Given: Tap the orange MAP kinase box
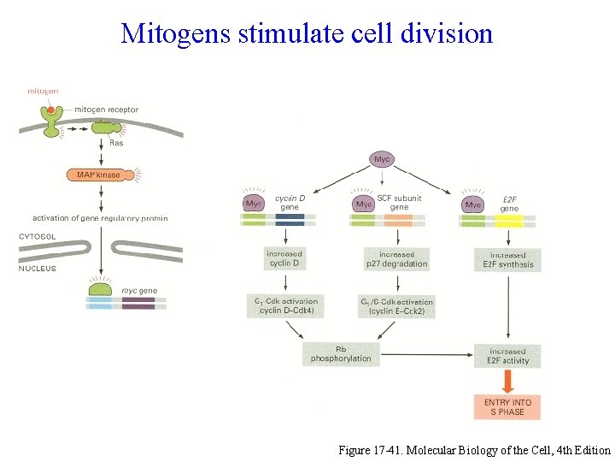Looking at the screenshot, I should (98, 175).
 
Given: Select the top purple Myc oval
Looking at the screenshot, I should (382, 159).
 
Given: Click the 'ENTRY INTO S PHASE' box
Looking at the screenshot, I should (507, 406).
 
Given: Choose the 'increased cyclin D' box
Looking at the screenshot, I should (284, 258).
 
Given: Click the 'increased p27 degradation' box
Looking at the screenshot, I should (396, 258).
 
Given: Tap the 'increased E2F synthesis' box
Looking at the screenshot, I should (507, 259).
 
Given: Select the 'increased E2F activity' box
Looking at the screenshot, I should (507, 356).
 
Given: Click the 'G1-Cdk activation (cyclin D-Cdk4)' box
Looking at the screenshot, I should (286, 306).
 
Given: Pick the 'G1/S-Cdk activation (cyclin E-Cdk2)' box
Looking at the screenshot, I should (397, 306).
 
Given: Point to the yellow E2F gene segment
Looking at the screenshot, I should (509, 221).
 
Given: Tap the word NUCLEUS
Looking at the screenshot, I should (37, 269).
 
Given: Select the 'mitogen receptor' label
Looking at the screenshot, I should (106, 110).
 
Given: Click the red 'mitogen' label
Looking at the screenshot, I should (43, 91).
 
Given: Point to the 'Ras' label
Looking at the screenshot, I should (117, 144).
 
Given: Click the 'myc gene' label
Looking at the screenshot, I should (139, 291).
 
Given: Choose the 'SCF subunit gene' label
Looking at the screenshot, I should (399, 203).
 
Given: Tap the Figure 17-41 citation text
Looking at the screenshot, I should (474, 449).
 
